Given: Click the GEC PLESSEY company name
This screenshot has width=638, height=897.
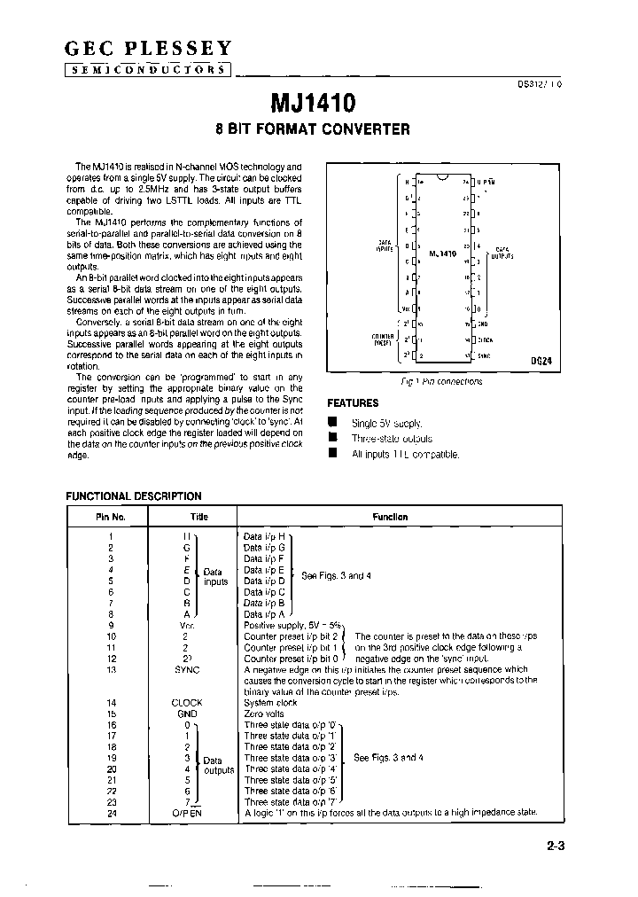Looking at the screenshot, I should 149,48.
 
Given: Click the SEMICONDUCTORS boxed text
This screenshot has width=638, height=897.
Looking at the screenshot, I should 149,70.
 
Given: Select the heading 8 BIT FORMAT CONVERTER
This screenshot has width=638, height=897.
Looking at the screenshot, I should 313,129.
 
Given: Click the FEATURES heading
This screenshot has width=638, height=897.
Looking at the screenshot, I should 353,402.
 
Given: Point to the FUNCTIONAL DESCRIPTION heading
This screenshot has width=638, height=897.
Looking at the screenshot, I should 134,496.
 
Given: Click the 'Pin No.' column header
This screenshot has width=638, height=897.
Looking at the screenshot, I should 111,517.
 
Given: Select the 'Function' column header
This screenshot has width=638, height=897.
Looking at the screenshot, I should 390,517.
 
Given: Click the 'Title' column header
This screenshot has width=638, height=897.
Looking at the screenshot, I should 198,517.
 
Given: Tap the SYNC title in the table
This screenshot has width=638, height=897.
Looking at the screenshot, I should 187,670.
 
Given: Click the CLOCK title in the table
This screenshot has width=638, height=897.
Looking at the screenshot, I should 187,702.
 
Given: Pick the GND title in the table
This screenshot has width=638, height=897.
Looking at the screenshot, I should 187,714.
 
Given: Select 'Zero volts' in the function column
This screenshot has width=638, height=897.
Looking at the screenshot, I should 267,714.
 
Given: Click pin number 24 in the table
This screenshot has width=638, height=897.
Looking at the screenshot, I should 112,813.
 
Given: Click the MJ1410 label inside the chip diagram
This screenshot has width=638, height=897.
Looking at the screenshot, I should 442,253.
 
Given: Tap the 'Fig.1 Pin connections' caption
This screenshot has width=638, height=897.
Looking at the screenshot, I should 441,382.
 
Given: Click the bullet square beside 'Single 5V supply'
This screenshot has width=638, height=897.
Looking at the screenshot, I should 333,423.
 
